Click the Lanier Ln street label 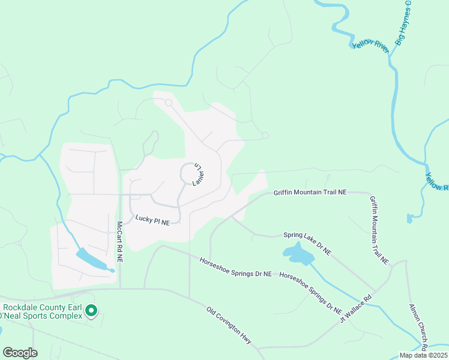[x=199, y=174]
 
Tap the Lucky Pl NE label [x=152, y=221]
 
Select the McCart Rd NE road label [x=119, y=242]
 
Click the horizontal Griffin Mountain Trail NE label [x=310, y=193]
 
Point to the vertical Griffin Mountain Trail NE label [x=379, y=231]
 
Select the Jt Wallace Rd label [x=356, y=306]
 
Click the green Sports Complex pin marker [x=91, y=311]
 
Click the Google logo [x=20, y=353]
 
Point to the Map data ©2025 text [x=424, y=355]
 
